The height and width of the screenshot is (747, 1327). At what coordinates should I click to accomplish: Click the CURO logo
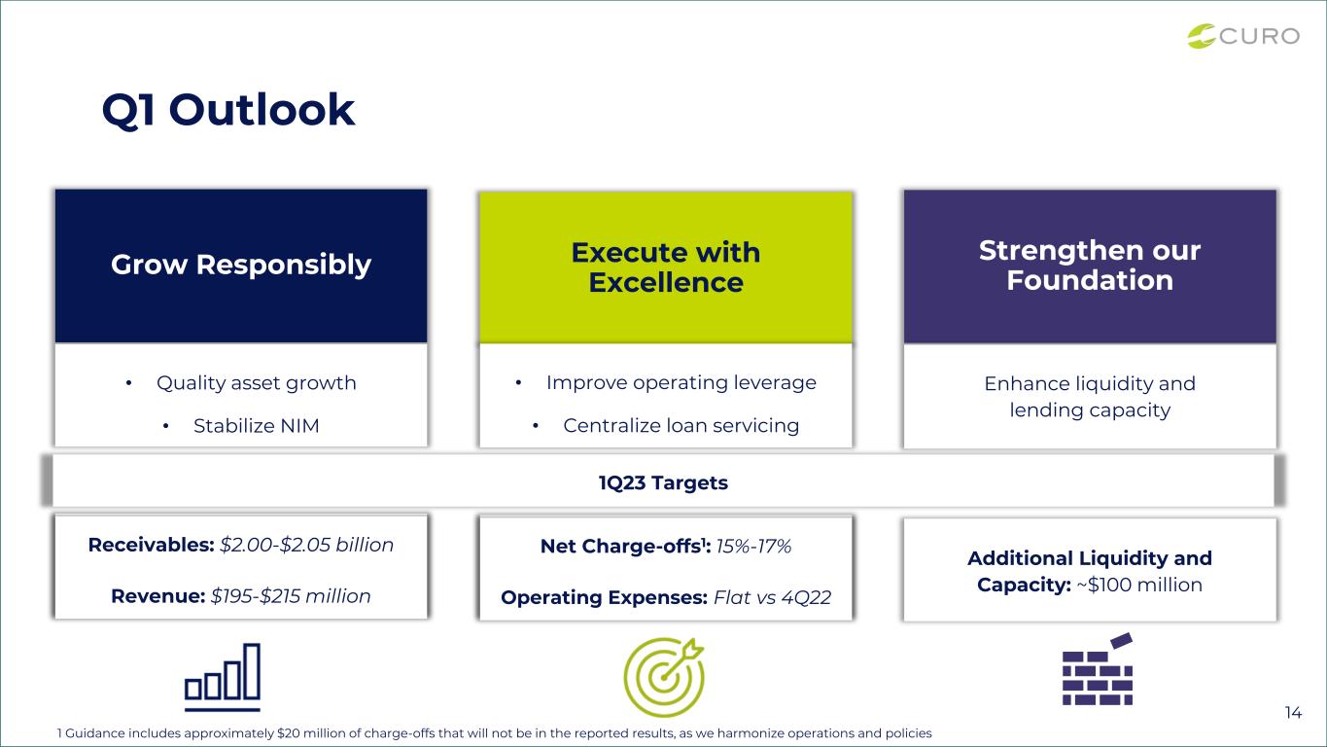[x=1243, y=36]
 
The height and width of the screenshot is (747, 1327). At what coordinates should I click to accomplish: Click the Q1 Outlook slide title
[x=228, y=110]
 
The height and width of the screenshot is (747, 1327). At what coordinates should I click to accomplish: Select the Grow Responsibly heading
[x=241, y=265]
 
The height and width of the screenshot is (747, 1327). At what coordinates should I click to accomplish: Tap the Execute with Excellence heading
[x=666, y=267]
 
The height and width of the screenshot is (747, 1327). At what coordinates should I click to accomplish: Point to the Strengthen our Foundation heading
[x=1090, y=265]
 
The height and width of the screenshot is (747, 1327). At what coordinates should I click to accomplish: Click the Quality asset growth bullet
[x=257, y=383]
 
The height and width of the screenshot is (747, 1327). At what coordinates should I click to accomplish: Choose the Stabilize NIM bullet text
[x=257, y=426]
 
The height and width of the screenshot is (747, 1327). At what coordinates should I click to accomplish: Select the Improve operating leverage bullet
[x=681, y=383]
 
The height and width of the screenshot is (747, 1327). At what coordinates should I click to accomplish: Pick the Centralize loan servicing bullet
[x=681, y=426]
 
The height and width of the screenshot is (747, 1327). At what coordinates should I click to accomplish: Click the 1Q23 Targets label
[x=663, y=483]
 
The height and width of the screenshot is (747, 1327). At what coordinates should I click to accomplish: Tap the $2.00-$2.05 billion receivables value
[x=307, y=545]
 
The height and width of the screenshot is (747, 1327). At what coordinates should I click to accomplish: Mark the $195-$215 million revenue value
[x=291, y=596]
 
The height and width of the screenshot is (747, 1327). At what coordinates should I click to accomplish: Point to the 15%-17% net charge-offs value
[x=753, y=546]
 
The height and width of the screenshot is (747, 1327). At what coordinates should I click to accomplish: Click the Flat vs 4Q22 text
[x=773, y=597]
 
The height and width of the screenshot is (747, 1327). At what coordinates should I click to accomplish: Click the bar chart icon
[x=223, y=678]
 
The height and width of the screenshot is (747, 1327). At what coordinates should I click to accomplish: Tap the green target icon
[x=664, y=677]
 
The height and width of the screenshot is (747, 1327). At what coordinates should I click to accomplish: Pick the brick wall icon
[x=1098, y=670]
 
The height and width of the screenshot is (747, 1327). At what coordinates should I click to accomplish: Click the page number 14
[x=1293, y=713]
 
